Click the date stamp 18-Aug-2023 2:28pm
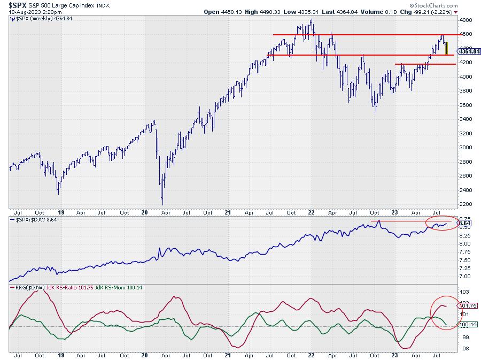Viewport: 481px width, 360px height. [36, 11]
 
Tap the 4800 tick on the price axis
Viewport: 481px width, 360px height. [466, 20]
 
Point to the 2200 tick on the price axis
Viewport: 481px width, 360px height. [466, 204]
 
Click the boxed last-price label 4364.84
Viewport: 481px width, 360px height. [469, 51]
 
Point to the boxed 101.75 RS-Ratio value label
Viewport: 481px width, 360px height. [466, 305]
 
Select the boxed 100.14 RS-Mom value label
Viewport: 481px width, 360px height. [466, 324]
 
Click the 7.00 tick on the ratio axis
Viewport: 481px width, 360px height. [465, 276]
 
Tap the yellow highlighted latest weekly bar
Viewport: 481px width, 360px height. [447, 48]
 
